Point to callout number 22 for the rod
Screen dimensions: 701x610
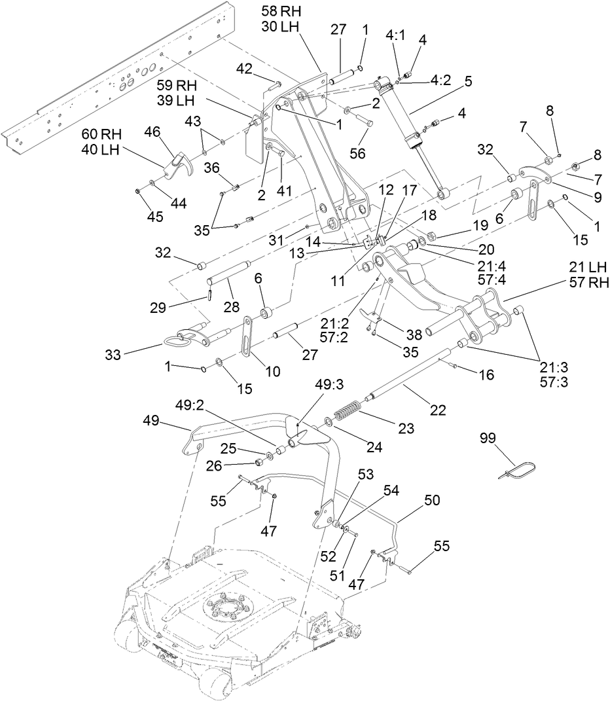[x=437, y=410]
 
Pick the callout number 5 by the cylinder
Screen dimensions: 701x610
[x=468, y=82]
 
